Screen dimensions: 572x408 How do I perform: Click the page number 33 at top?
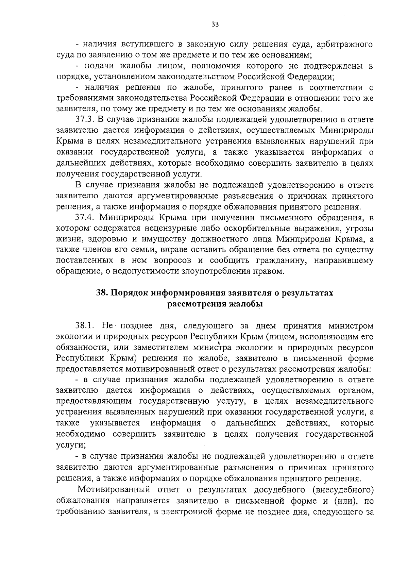215,24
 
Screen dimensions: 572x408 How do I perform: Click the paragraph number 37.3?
85,120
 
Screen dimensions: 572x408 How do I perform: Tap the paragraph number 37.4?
85,218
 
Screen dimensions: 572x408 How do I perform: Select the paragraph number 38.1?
86,326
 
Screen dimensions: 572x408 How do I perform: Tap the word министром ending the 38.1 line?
351,326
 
